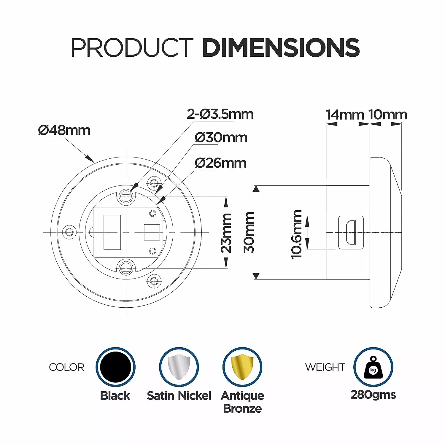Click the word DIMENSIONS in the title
(280, 47)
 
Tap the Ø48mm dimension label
(64, 131)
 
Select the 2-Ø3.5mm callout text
(220, 114)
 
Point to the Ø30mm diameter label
(221, 138)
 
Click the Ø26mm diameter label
(220, 163)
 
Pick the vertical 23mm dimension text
(226, 233)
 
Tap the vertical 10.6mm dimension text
(296, 234)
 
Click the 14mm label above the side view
(345, 115)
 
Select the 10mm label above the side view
(388, 115)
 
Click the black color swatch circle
(115, 367)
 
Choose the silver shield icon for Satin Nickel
(179, 367)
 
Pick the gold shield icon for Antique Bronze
(242, 367)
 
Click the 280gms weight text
(373, 395)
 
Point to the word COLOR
(66, 367)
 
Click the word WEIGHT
(325, 367)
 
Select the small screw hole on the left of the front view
(69, 232)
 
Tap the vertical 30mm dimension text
(249, 232)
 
